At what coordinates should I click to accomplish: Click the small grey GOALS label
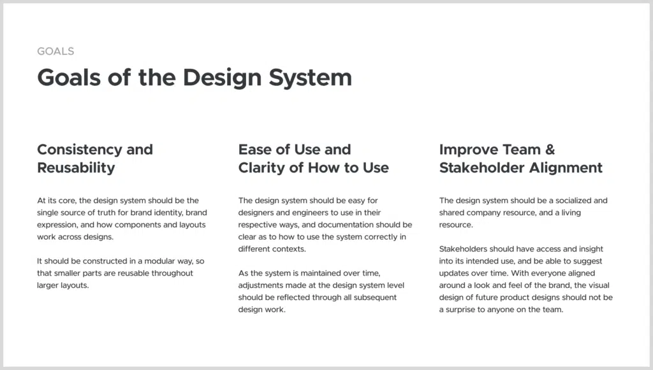55,51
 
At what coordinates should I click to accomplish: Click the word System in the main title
311,78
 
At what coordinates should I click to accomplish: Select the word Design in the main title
222,78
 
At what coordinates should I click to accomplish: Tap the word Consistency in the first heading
79,149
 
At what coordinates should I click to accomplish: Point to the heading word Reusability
76,167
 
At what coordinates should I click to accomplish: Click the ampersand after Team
550,149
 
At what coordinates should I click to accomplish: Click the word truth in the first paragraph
106,213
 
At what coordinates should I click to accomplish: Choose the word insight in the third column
591,249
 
